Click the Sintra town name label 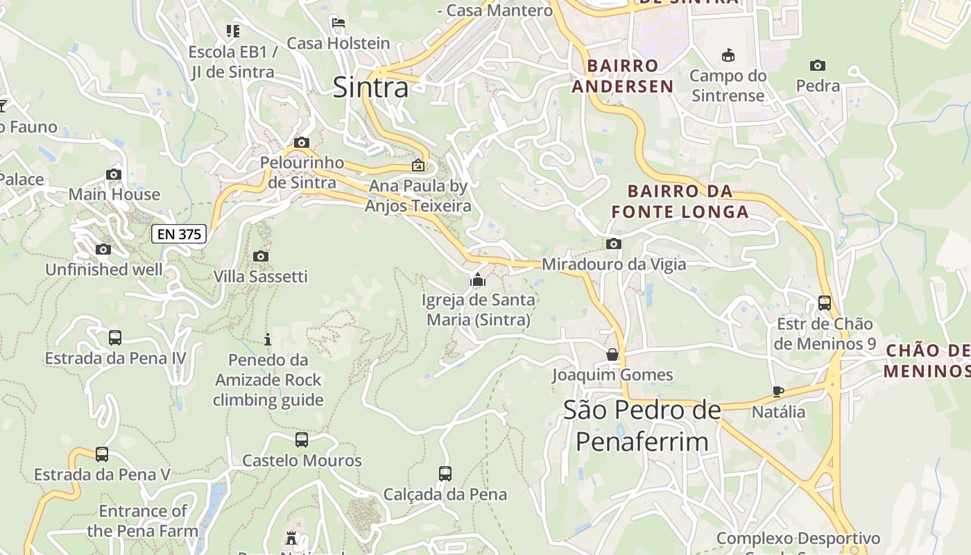pyautogui.click(x=371, y=87)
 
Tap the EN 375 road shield pyautogui.click(x=180, y=234)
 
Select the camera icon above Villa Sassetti pyautogui.click(x=261, y=256)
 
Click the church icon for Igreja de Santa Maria pyautogui.click(x=478, y=280)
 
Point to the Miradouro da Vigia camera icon pyautogui.click(x=613, y=244)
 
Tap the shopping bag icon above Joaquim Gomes pyautogui.click(x=612, y=355)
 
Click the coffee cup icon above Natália pyautogui.click(x=778, y=391)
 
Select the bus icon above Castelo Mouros pyautogui.click(x=302, y=439)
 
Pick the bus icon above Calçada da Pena pyautogui.click(x=445, y=474)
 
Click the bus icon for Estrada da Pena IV pyautogui.click(x=115, y=338)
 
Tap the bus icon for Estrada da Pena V pyautogui.click(x=102, y=454)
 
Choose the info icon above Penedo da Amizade pyautogui.click(x=268, y=339)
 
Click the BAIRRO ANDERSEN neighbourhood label pyautogui.click(x=630, y=76)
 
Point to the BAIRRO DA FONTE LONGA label pyautogui.click(x=680, y=201)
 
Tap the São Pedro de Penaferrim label pyautogui.click(x=642, y=425)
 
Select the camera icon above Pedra pyautogui.click(x=818, y=65)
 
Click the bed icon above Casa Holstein pyautogui.click(x=338, y=23)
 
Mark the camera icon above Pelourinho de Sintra pyautogui.click(x=302, y=142)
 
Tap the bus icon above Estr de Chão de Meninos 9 pyautogui.click(x=825, y=303)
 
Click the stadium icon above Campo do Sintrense pyautogui.click(x=728, y=55)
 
